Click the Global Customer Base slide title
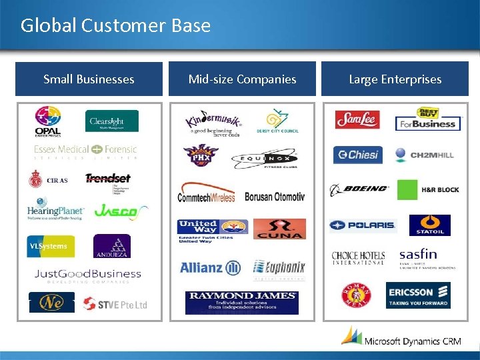(115, 26)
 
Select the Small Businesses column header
(89, 79)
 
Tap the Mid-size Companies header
(242, 79)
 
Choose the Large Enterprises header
(395, 79)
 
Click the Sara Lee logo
(357, 119)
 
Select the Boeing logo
(359, 189)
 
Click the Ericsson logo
(418, 295)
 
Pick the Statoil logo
(429, 225)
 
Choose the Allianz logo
(210, 268)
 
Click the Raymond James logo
(241, 302)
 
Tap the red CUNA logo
(279, 229)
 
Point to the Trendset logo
(108, 179)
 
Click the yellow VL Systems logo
(51, 246)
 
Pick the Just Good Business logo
(88, 275)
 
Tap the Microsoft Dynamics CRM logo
(400, 338)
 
